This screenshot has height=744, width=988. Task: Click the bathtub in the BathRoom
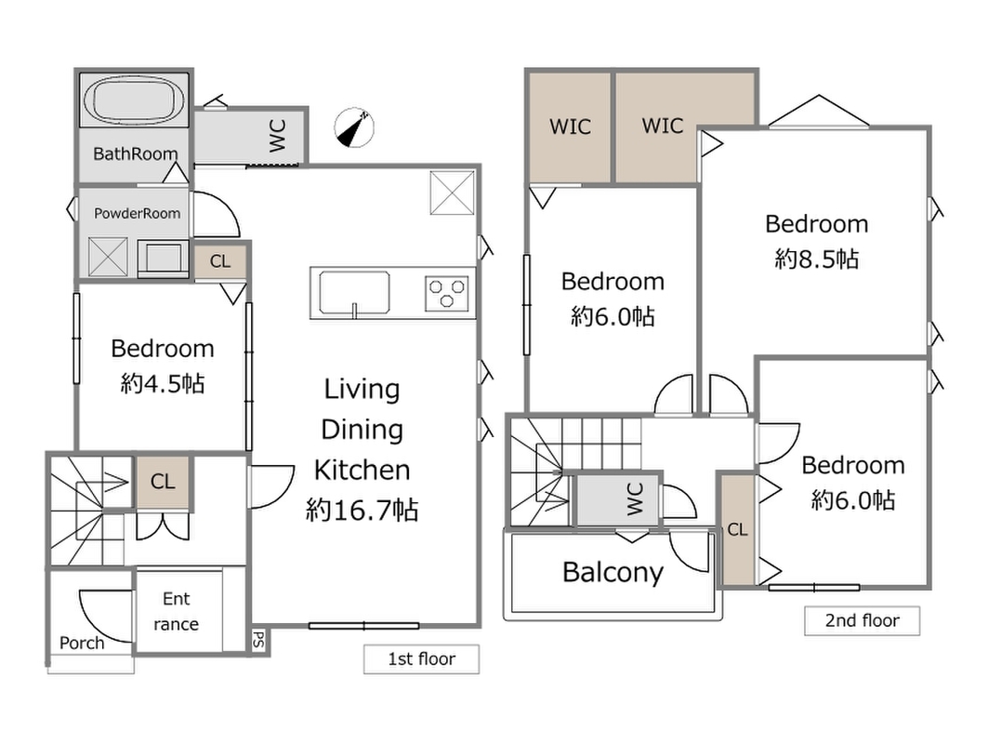(134, 100)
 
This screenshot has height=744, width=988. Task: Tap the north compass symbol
(353, 127)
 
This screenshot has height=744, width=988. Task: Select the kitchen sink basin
(354, 293)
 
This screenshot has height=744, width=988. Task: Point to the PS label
(258, 641)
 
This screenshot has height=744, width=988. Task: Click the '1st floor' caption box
(421, 658)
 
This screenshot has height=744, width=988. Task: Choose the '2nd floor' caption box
(862, 620)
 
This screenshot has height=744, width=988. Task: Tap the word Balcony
(613, 573)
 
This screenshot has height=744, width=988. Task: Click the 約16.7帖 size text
(362, 510)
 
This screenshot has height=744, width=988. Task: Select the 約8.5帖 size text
(817, 259)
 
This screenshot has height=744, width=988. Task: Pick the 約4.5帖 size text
(163, 383)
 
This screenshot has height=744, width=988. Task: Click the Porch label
(82, 644)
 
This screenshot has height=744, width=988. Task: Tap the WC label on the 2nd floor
(635, 498)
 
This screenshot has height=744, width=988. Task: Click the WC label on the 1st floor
(278, 136)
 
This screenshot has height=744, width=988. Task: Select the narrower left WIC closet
(570, 127)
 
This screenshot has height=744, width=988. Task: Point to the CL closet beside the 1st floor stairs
(163, 482)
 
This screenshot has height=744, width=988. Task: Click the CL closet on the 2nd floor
(738, 529)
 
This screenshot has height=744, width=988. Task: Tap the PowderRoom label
(138, 213)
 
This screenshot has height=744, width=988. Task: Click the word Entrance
(177, 611)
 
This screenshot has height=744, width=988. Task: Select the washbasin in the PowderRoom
(163, 258)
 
